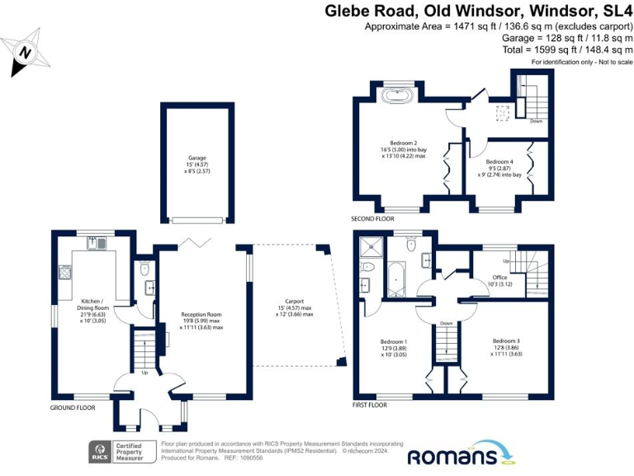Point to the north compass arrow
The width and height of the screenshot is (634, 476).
pos(26,51)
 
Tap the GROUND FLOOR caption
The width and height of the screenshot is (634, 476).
pos(73,407)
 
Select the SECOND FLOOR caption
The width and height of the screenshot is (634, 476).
pos(373,219)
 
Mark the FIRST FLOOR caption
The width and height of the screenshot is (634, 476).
pos(369,406)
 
